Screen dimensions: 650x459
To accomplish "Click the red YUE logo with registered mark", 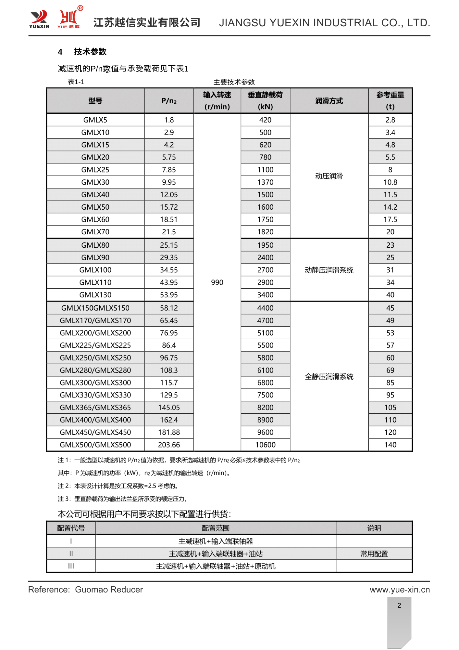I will tap(69, 18).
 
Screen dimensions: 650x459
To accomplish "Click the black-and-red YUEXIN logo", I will tap(39, 19).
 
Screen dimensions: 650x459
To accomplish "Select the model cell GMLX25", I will tap(95, 170).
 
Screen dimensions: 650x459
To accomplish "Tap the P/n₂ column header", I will tap(169, 101).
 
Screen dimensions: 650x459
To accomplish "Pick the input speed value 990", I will tap(217, 282).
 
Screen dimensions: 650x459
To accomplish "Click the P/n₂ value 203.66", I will tap(169, 445).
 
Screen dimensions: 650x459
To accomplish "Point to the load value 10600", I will tap(265, 445).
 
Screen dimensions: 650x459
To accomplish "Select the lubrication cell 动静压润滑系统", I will tap(329, 270).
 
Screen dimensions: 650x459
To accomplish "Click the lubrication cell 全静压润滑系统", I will tap(329, 377).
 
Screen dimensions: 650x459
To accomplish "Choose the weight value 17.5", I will tap(390, 219).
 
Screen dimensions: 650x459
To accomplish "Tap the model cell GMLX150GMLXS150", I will tap(95, 308).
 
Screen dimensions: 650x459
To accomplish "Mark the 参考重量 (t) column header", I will tap(390, 101).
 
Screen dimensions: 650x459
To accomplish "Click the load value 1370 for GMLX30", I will tap(265, 182).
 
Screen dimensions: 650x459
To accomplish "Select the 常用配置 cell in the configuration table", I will tap(374, 554).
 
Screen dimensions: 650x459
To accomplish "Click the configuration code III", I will tap(71, 566).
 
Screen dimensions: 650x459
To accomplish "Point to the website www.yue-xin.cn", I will tap(400, 590).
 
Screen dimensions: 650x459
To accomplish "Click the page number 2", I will tap(399, 605).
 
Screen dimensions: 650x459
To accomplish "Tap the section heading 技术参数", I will tap(90, 52).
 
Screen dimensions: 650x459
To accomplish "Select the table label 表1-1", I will tap(76, 82).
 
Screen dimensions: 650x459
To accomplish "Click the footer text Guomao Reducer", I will tap(109, 590).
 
